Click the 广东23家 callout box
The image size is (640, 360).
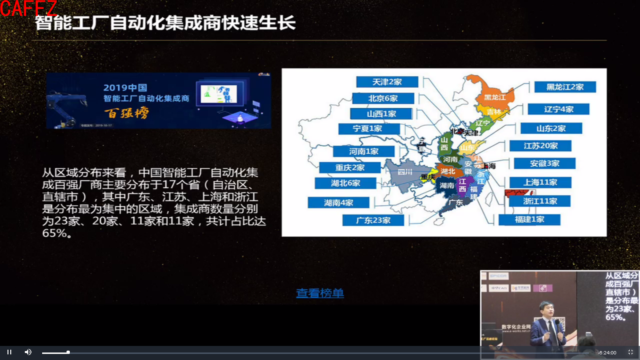click(373, 220)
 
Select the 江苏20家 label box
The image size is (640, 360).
click(540, 146)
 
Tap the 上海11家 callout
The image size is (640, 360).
click(540, 182)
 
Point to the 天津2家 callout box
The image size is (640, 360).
click(387, 82)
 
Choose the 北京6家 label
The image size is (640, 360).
click(383, 98)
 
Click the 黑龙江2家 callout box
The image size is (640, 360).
click(565, 87)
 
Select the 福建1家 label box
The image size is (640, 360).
click(529, 219)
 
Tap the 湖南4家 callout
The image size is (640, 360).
click(338, 202)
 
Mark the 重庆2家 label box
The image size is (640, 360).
click(350, 168)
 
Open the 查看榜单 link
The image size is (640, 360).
click(320, 293)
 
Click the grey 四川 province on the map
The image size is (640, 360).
click(404, 173)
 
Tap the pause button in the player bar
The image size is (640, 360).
click(9, 352)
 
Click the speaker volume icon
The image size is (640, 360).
click(28, 352)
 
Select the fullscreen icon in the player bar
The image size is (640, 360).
click(630, 352)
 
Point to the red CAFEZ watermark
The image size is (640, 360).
click(28, 8)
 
